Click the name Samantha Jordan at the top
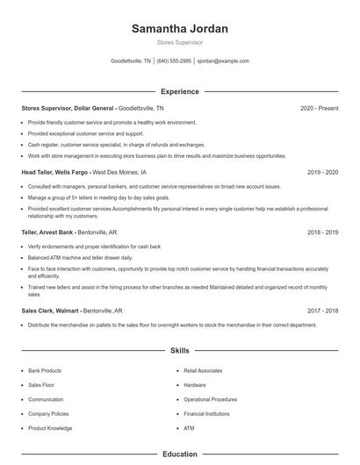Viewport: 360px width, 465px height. [x=179, y=29]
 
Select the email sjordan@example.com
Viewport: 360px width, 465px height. [x=223, y=61]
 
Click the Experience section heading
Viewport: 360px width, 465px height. [x=179, y=91]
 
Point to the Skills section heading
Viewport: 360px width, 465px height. [x=179, y=350]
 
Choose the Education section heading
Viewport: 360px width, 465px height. [x=179, y=454]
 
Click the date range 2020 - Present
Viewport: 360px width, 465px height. [x=319, y=108]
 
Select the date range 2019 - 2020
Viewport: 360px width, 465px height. [x=322, y=173]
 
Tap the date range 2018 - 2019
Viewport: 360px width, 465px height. [x=322, y=232]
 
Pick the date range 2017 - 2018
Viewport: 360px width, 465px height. [x=322, y=310]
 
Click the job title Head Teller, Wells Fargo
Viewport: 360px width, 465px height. [x=54, y=173]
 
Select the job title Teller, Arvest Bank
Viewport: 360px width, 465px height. [x=49, y=232]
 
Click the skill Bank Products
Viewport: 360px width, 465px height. [x=45, y=370]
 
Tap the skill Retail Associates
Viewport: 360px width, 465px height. [x=203, y=370]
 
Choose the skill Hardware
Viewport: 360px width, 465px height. [x=195, y=384]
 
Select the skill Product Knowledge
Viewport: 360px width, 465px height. [x=50, y=428]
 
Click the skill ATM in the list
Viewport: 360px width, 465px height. [x=189, y=428]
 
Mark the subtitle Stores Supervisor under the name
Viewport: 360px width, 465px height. [x=179, y=42]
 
